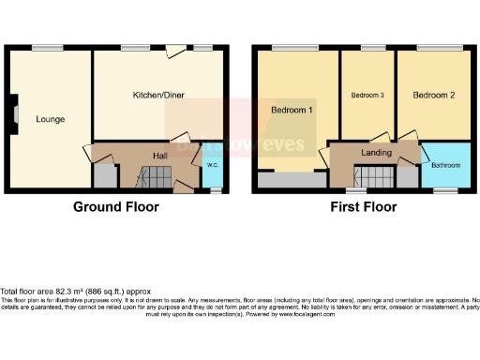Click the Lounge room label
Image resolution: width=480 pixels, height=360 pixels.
pyautogui.click(x=50, y=119)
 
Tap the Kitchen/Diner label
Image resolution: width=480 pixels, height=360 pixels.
pyautogui.click(x=157, y=96)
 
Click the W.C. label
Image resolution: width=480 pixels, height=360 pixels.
pyautogui.click(x=212, y=166)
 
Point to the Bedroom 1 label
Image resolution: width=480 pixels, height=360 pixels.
pyautogui.click(x=292, y=111)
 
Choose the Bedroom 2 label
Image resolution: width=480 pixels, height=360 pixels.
pyautogui.click(x=432, y=96)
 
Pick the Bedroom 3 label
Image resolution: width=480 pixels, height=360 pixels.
pyautogui.click(x=367, y=96)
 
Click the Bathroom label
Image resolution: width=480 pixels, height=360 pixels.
pyautogui.click(x=445, y=166)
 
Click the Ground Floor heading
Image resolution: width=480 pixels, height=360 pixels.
pyautogui.click(x=116, y=207)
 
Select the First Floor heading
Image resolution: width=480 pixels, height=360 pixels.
pyautogui.click(x=363, y=207)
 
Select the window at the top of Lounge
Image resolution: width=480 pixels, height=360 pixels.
pyautogui.click(x=42, y=47)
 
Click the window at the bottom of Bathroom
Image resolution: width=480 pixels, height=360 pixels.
pyautogui.click(x=443, y=190)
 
